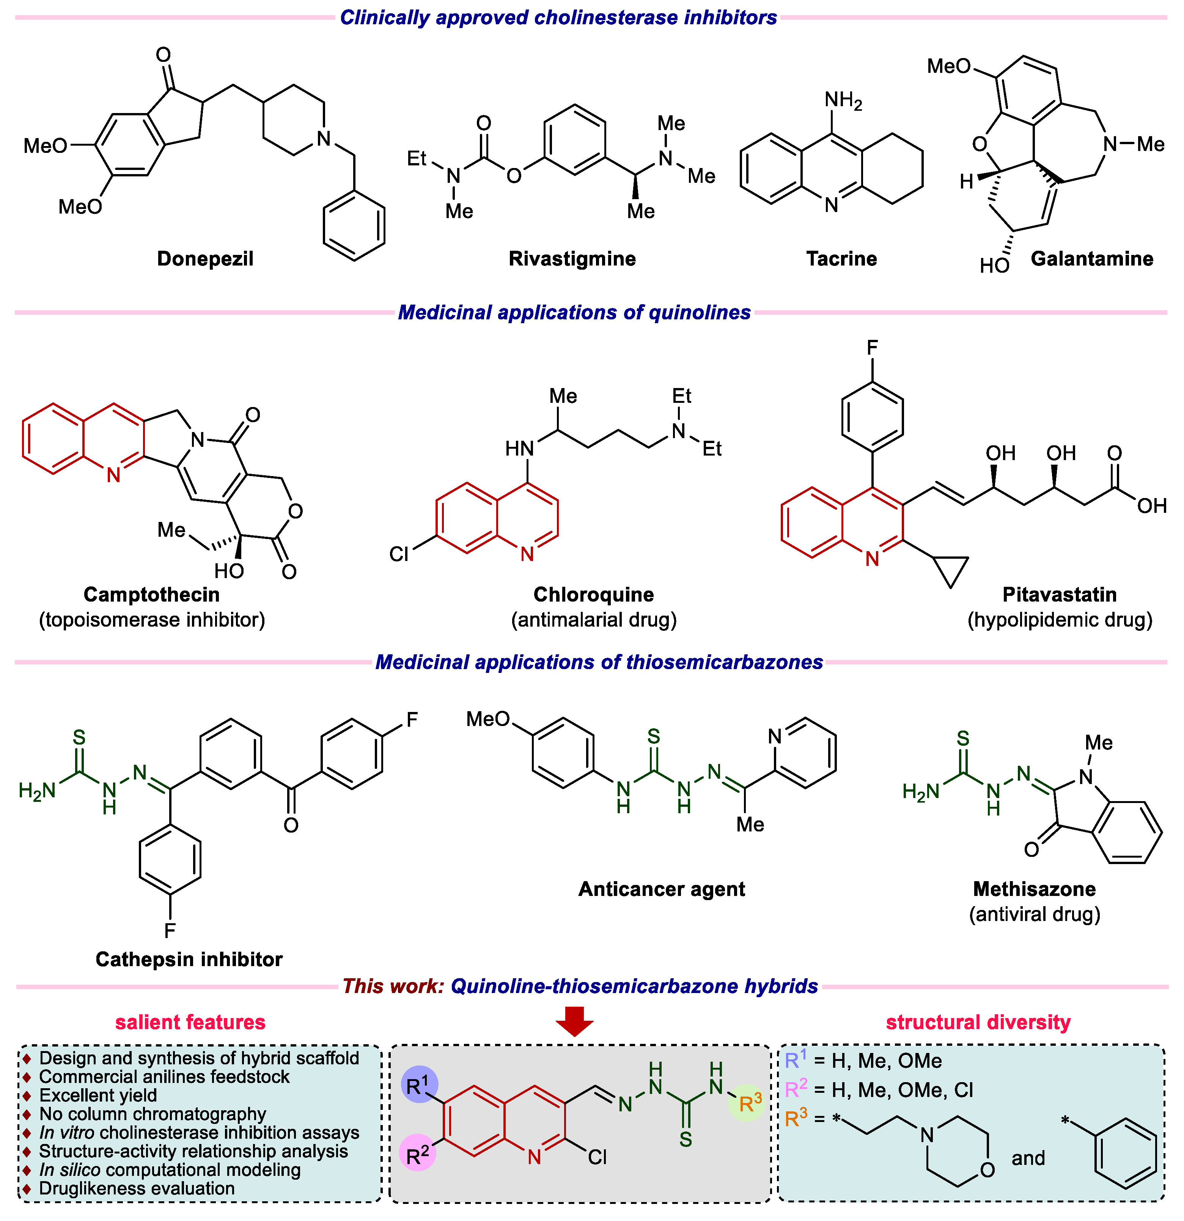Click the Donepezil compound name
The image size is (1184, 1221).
205,259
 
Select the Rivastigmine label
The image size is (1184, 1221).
572,259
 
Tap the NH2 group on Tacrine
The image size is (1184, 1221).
843,100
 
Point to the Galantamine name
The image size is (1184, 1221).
1092,259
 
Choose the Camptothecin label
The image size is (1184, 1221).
151,594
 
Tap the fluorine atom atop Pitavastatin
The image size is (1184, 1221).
873,347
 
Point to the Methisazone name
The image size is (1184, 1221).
1035,889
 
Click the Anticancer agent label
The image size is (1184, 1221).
661,889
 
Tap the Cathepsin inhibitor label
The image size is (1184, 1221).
189,959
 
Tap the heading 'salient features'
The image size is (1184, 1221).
190,1022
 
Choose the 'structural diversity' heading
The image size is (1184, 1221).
978,1022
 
